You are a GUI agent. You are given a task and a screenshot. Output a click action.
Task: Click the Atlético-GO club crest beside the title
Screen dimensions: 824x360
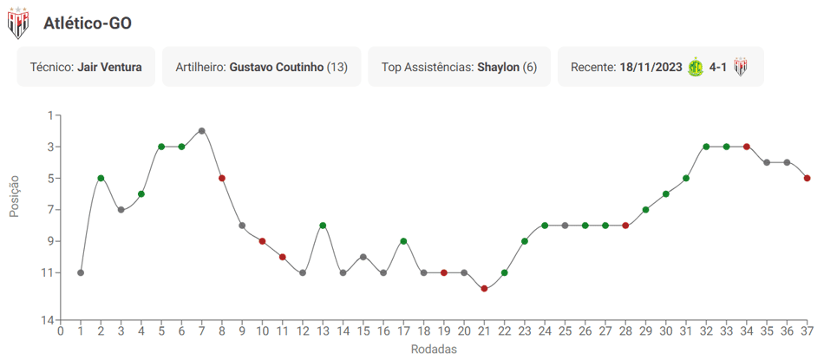(18, 23)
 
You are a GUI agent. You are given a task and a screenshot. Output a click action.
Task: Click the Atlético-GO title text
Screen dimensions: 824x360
(88, 23)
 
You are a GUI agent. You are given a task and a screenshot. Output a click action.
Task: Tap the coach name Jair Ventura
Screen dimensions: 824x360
(109, 68)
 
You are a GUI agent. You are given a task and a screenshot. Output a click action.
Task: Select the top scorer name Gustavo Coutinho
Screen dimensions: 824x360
(277, 68)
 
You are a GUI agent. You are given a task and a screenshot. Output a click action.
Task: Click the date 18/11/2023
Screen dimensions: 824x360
(651, 68)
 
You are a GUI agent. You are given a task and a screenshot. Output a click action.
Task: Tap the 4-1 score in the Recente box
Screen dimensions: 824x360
(718, 68)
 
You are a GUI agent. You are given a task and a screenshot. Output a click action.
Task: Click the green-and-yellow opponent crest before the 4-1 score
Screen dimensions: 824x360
(696, 68)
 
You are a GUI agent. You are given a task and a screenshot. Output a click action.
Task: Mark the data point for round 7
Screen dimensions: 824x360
(202, 130)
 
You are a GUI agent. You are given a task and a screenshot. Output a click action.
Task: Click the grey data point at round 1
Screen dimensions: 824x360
(81, 272)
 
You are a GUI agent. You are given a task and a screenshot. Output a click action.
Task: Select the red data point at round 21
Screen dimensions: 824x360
(484, 288)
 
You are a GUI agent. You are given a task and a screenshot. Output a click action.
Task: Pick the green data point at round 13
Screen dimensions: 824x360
(323, 225)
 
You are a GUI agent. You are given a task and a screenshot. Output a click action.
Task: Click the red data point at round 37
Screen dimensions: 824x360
(808, 178)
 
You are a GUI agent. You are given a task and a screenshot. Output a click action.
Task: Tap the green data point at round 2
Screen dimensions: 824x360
(101, 178)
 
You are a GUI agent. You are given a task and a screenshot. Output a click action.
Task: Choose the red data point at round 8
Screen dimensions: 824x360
(222, 178)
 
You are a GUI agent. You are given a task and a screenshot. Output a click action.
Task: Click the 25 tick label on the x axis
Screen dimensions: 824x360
(565, 331)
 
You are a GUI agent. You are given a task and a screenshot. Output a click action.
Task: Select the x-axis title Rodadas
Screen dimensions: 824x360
(434, 349)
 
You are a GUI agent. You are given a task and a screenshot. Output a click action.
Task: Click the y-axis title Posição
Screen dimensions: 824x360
(14, 196)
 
